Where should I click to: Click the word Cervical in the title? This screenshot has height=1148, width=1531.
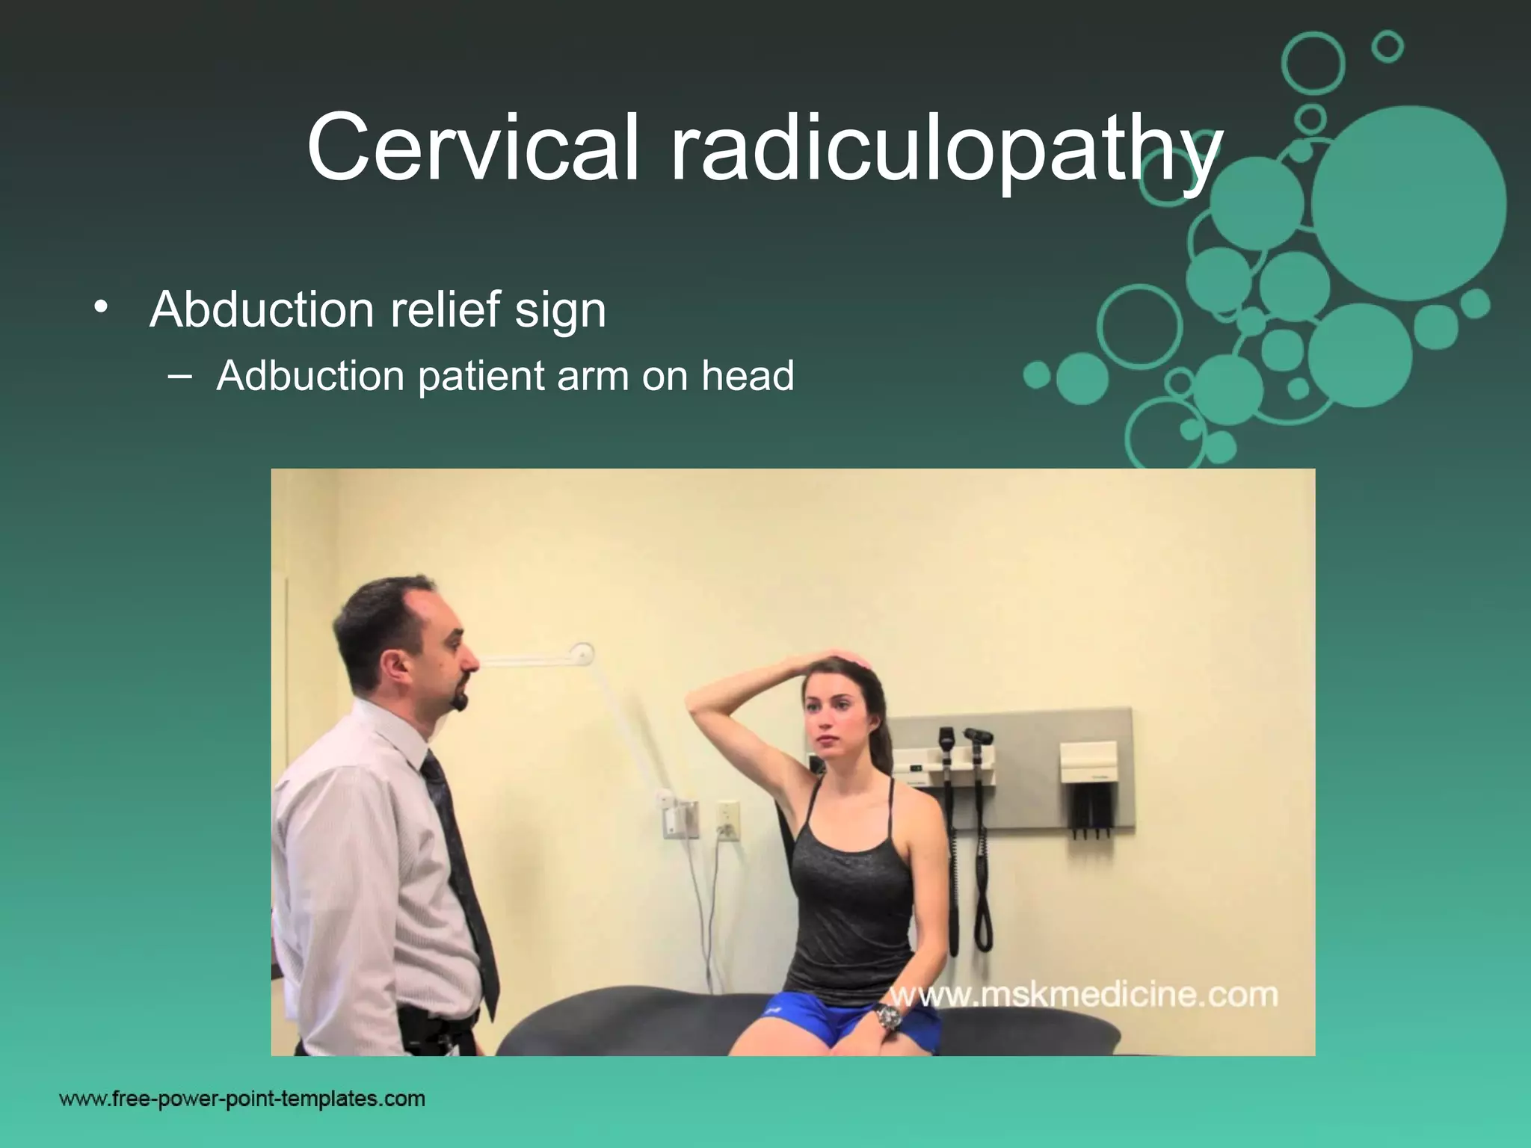[x=473, y=147]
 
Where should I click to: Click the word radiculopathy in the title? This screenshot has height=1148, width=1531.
[x=945, y=153]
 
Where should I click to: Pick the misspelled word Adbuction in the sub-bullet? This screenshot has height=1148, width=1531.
[x=310, y=375]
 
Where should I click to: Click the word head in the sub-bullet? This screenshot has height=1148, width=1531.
[x=747, y=375]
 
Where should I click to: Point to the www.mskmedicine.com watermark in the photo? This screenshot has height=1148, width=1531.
[x=1082, y=996]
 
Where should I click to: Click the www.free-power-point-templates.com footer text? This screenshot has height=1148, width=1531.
[x=242, y=1099]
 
